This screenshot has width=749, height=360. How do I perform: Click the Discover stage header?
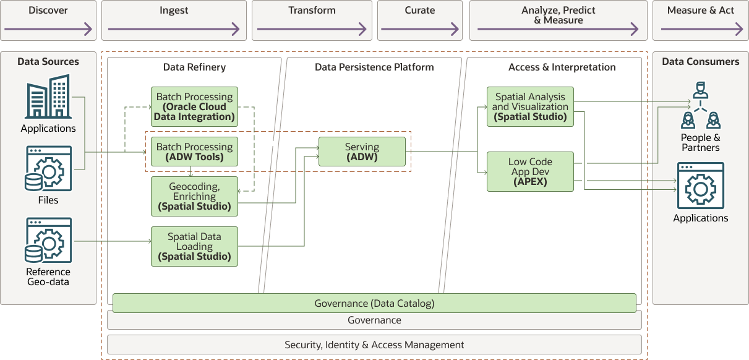[48, 11]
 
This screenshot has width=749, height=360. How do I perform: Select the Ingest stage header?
[174, 11]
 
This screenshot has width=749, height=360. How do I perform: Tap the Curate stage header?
[420, 11]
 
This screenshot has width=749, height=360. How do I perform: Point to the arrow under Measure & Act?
[701, 29]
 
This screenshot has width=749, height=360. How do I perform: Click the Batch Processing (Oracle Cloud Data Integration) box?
[194, 107]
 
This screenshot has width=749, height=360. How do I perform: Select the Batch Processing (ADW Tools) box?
[194, 152]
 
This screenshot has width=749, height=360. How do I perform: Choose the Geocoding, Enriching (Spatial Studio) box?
[194, 197]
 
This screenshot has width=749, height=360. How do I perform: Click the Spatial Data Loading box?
[194, 246]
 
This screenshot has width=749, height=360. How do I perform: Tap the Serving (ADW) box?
[362, 152]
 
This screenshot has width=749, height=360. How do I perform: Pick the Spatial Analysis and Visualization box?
[530, 106]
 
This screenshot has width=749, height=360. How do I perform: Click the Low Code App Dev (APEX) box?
[530, 171]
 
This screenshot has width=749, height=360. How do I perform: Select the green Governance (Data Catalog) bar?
[374, 303]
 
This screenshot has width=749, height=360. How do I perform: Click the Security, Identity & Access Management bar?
[374, 345]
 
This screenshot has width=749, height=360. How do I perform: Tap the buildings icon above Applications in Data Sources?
[48, 97]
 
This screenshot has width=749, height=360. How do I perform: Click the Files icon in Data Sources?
[48, 169]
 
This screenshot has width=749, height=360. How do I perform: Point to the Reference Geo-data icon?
[48, 240]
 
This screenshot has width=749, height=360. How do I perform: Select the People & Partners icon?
[700, 106]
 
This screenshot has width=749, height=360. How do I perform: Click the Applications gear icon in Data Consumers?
[700, 186]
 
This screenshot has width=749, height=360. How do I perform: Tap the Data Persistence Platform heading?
[374, 67]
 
